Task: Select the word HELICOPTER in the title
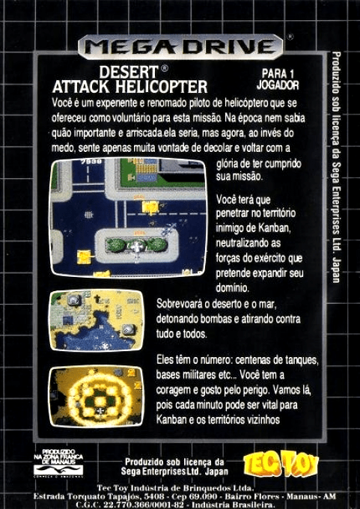pyautogui.click(x=166, y=87)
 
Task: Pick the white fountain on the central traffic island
pyautogui.click(x=137, y=246)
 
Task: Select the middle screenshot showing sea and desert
pyautogui.click(x=97, y=320)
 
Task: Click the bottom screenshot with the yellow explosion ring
pyautogui.click(x=97, y=396)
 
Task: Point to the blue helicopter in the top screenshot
pyautogui.click(x=169, y=226)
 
